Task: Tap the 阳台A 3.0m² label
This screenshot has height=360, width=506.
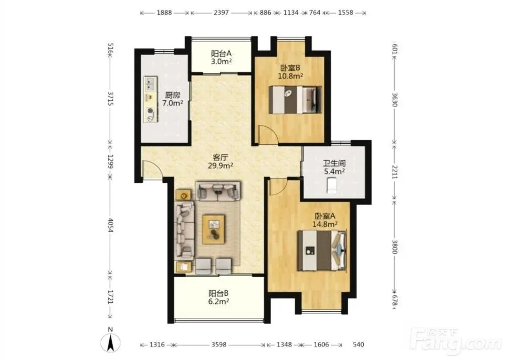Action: point(221,57)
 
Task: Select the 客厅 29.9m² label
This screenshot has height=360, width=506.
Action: point(221,162)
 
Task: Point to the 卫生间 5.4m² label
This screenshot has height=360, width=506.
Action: point(334,167)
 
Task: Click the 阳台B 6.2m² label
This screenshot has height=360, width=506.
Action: point(219,297)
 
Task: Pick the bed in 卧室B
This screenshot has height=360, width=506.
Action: point(296,99)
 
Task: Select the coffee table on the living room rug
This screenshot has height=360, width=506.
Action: point(214,229)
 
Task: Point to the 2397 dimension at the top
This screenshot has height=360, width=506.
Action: point(221,13)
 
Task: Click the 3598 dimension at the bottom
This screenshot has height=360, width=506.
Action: point(219,345)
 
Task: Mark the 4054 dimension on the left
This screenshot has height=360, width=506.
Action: point(110,225)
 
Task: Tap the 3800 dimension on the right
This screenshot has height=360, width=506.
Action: point(394,247)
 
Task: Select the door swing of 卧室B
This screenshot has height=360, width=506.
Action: point(269,134)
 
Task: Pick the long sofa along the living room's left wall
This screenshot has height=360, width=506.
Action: point(185,230)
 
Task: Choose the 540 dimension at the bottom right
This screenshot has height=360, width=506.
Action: point(358,344)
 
